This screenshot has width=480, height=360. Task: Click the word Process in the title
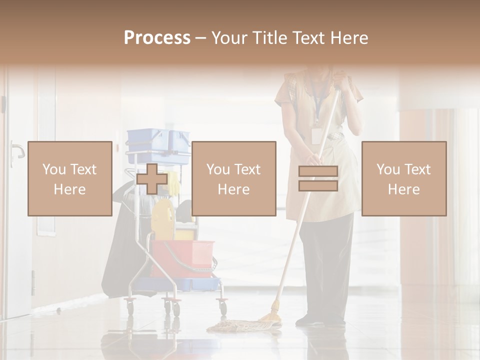pyautogui.click(x=157, y=38)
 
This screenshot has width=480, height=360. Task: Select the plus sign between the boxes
pyautogui.click(x=152, y=179)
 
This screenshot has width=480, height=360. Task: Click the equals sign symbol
pyautogui.click(x=318, y=178)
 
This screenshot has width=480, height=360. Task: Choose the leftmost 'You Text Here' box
pyautogui.click(x=69, y=178)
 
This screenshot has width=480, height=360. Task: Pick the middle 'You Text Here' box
pyautogui.click(x=233, y=178)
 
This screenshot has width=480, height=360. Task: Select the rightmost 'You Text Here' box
pyautogui.click(x=403, y=178)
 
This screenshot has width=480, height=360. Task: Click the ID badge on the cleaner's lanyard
pyautogui.click(x=316, y=135)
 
